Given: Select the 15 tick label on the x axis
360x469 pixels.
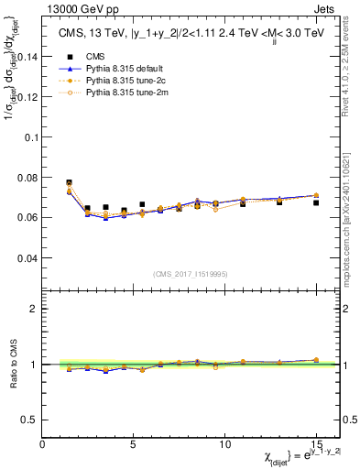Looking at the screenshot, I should pyautogui.click(x=315, y=443).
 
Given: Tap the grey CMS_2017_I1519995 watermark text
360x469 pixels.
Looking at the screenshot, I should pyautogui.click(x=190, y=273).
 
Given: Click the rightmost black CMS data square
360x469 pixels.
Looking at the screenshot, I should pyautogui.click(x=316, y=202).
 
